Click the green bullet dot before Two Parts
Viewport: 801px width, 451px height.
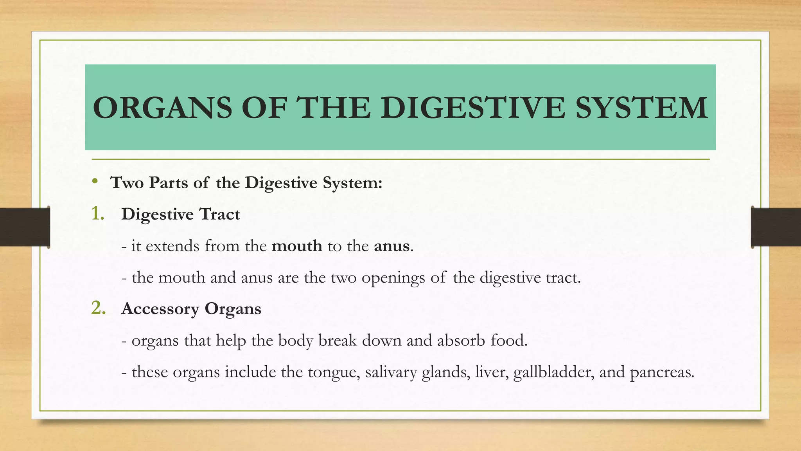[x=95, y=181]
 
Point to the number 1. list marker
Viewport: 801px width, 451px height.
[x=98, y=214]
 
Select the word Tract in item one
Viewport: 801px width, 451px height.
[x=219, y=214]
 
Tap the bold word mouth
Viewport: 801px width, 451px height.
[x=297, y=246]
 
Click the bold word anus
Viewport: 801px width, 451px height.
[x=392, y=246]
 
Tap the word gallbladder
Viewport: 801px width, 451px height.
[x=554, y=372]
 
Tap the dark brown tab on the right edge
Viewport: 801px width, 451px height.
[x=776, y=227]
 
